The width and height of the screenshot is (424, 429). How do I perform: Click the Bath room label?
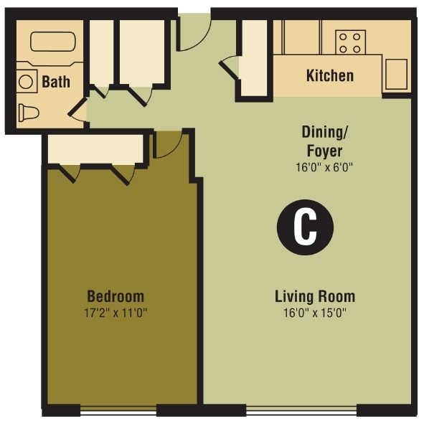(55, 81)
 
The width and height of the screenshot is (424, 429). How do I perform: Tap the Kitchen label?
(329, 75)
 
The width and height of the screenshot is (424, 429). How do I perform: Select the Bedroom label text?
(116, 296)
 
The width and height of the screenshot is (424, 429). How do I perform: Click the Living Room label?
(315, 296)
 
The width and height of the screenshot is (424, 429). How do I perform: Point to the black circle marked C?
(306, 227)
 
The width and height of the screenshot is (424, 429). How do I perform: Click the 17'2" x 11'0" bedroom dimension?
(116, 313)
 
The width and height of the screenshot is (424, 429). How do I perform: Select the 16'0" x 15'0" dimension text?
(315, 313)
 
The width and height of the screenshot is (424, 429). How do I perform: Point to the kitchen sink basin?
(396, 74)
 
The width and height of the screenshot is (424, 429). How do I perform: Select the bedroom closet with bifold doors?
(95, 149)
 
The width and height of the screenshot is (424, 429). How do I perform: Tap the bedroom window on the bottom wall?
(118, 411)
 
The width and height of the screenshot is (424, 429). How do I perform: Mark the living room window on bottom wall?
(301, 411)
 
